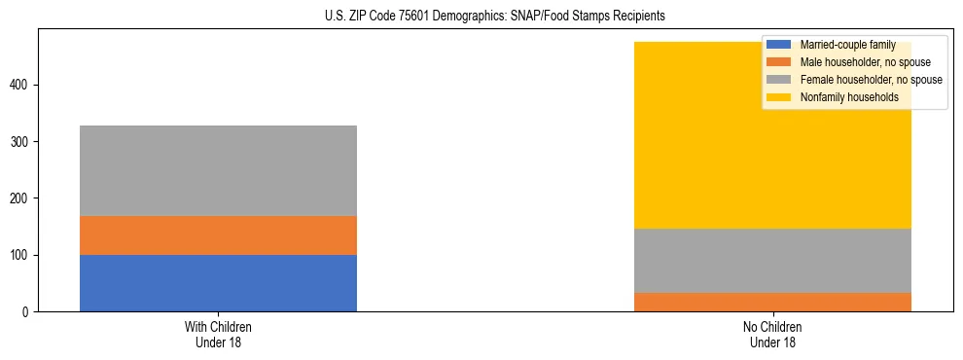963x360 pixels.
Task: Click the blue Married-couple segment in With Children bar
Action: point(218,283)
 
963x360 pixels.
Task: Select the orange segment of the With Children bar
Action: point(218,235)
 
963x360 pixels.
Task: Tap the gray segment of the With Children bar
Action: point(218,170)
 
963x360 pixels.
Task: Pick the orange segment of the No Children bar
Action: point(772,302)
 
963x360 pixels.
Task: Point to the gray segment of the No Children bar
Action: point(772,261)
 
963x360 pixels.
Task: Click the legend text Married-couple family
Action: point(847,45)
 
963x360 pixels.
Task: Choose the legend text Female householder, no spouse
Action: point(871,80)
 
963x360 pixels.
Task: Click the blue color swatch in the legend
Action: point(779,45)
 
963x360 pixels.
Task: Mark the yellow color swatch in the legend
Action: point(779,97)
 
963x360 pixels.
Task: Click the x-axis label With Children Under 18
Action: point(218,334)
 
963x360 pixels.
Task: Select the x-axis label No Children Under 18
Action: point(772,334)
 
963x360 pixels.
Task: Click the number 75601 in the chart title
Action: point(438,17)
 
